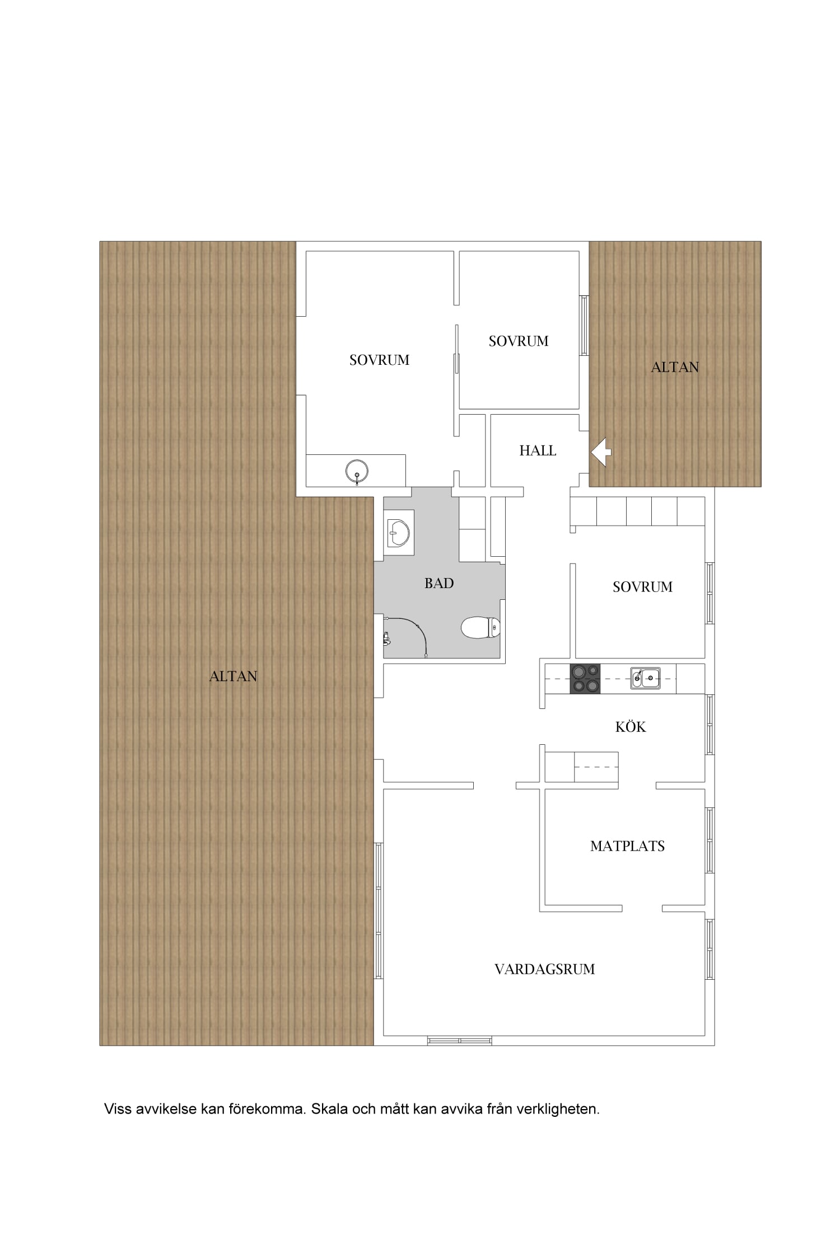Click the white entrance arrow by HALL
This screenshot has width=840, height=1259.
pos(601,452)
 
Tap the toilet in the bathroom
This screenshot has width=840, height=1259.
pos(480,627)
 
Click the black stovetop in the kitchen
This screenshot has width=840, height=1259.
pos(585,678)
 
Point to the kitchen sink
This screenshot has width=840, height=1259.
pos(645,678)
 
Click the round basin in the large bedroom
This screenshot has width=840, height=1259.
pos(357,471)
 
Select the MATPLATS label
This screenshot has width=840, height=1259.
pos(627,847)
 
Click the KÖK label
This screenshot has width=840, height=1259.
pos(631,727)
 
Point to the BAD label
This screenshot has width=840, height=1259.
pos(439,584)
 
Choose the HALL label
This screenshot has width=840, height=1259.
pos(538,451)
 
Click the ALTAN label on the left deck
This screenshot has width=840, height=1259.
pos(233,677)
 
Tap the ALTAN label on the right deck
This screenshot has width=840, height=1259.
pos(675,368)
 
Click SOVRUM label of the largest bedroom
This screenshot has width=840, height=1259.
pos(379,360)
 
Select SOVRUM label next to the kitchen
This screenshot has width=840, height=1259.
pos(642,587)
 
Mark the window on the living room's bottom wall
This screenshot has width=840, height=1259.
pos(459,1041)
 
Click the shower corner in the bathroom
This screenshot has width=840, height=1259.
pos(405,637)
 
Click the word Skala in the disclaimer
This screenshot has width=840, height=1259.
pos(329,1109)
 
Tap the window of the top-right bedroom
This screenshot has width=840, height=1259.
pos(584,325)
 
